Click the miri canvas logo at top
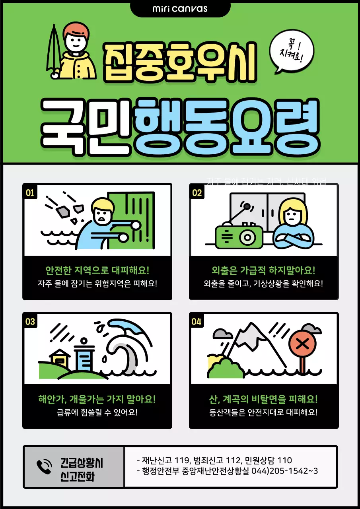[180, 8]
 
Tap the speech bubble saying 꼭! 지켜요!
[291, 52]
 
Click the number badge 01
[30, 193]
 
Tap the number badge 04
[197, 322]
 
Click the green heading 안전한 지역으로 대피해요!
[97, 271]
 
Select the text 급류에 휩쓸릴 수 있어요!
[97, 412]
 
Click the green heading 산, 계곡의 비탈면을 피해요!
[264, 399]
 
